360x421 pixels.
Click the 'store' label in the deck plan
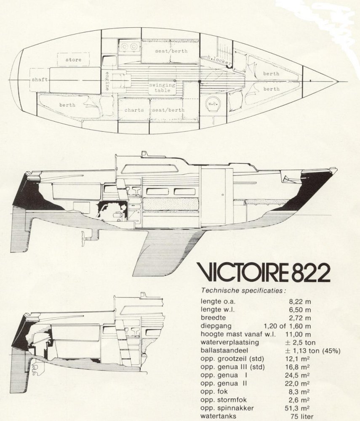pyautogui.click(x=73, y=60)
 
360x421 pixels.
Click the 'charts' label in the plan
pyautogui.click(x=134, y=110)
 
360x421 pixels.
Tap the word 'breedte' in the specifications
pyautogui.click(x=215, y=317)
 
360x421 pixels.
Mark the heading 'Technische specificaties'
pyautogui.click(x=244, y=290)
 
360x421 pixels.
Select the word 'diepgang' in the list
pyautogui.click(x=217, y=326)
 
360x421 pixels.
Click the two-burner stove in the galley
pyautogui.click(x=128, y=46)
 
